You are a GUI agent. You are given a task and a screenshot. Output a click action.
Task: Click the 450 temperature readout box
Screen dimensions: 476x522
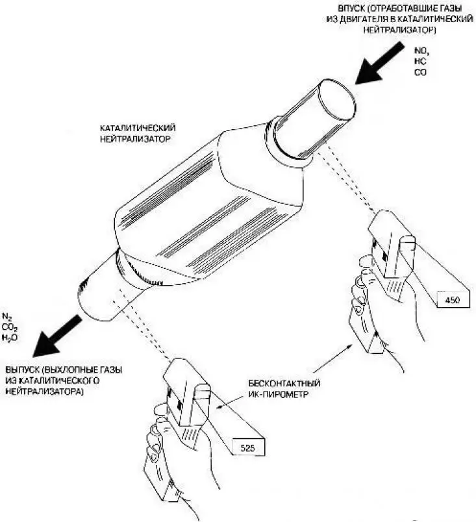tap(453, 299)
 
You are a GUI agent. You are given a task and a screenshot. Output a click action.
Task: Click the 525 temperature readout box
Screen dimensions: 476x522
tap(248, 448)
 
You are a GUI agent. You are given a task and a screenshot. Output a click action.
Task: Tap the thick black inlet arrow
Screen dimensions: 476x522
tap(379, 64)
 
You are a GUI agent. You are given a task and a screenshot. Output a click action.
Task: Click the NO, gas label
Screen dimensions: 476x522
tap(421, 51)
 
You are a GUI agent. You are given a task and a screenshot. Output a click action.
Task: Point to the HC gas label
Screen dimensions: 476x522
tap(420, 61)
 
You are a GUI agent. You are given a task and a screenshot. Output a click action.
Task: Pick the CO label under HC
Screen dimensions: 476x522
tap(420, 72)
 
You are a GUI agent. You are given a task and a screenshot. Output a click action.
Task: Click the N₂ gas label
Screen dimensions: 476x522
tap(7, 316)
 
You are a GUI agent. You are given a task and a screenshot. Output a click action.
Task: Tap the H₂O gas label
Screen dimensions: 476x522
tap(9, 338)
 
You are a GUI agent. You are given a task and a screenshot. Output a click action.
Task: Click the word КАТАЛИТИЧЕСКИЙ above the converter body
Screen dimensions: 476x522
tap(138, 128)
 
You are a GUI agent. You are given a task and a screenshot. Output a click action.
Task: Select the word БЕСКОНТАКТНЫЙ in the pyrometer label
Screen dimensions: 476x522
tap(284, 384)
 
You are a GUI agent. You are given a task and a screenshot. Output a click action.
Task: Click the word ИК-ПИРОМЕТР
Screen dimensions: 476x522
tap(279, 395)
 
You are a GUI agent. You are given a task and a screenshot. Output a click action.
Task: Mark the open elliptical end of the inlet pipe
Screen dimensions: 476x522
tap(337, 100)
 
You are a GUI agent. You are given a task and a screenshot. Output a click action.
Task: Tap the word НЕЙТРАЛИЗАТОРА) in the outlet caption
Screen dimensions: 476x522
tap(44, 391)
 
